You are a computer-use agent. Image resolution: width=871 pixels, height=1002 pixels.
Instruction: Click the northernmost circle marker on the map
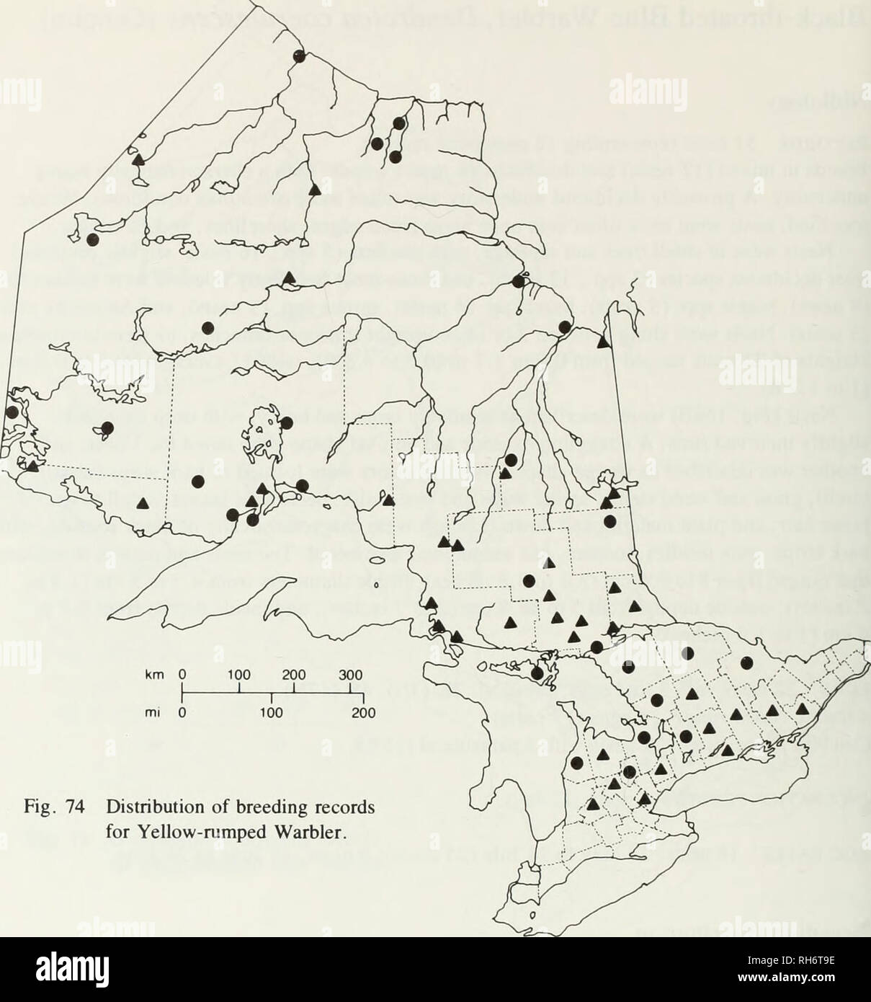pyautogui.click(x=299, y=56)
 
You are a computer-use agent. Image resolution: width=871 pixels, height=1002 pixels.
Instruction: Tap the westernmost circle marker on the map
pyautogui.click(x=12, y=412)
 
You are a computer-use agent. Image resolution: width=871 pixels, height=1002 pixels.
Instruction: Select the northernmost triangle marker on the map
pyautogui.click(x=137, y=158)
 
